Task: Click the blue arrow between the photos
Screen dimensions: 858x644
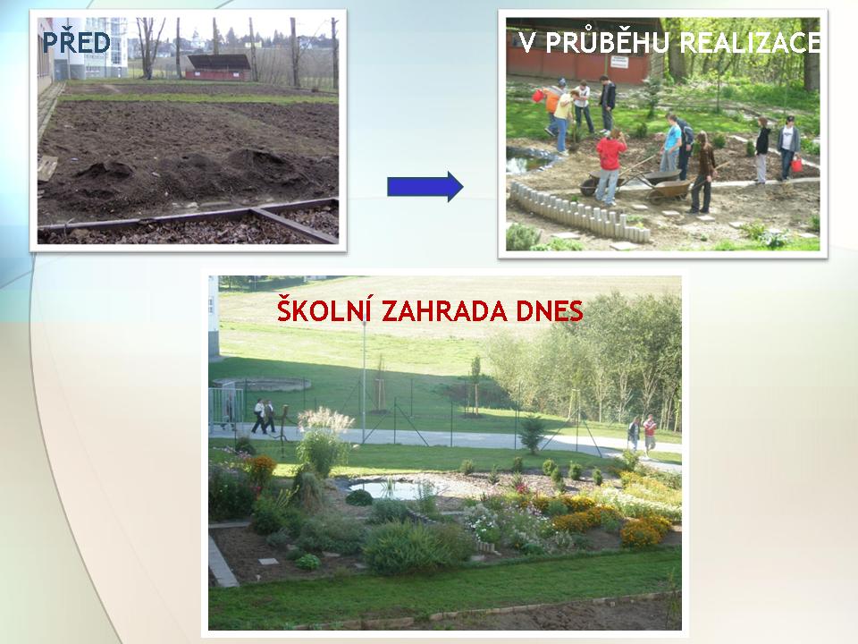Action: (425, 187)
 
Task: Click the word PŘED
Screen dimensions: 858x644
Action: (77, 43)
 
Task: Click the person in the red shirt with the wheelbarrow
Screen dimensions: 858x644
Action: (610, 165)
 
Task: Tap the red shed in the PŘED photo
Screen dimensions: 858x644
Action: (219, 67)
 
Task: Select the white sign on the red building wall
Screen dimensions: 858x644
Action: (618, 61)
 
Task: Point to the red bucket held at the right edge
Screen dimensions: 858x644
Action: (796, 165)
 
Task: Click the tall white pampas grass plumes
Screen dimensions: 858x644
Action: (325, 419)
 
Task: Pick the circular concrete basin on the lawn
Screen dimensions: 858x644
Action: (262, 385)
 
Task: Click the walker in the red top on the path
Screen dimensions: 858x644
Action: (649, 435)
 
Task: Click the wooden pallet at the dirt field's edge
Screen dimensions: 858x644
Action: (47, 167)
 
